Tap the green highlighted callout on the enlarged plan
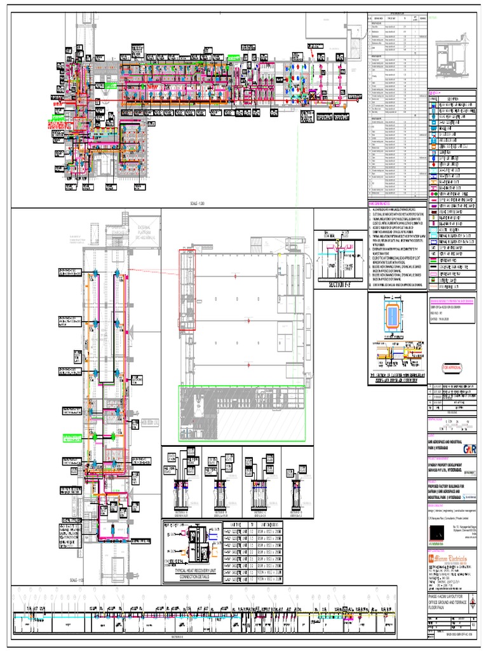75,437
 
